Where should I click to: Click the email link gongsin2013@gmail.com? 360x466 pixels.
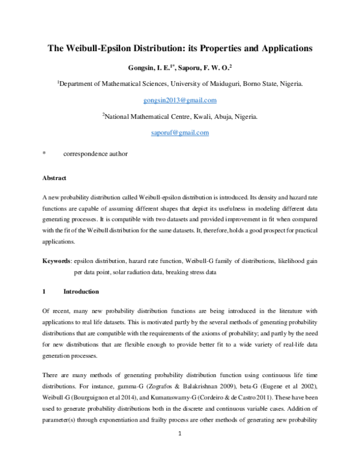click(180, 100)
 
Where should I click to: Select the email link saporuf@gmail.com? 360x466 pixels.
click(180, 132)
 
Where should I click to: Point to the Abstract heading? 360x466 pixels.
click(54, 178)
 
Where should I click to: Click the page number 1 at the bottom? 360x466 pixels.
click(180, 450)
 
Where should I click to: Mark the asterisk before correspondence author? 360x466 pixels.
click(43, 154)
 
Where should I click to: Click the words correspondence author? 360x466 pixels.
click(95, 154)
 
